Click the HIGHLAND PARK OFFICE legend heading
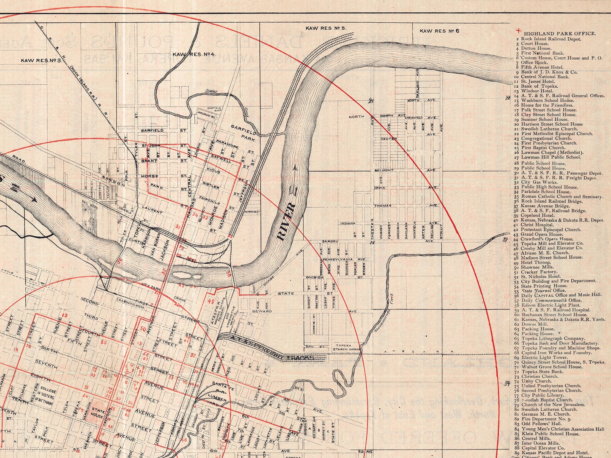tap(559, 33)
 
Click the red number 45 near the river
tap(210, 302)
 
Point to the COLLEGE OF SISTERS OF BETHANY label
tap(45, 391)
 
